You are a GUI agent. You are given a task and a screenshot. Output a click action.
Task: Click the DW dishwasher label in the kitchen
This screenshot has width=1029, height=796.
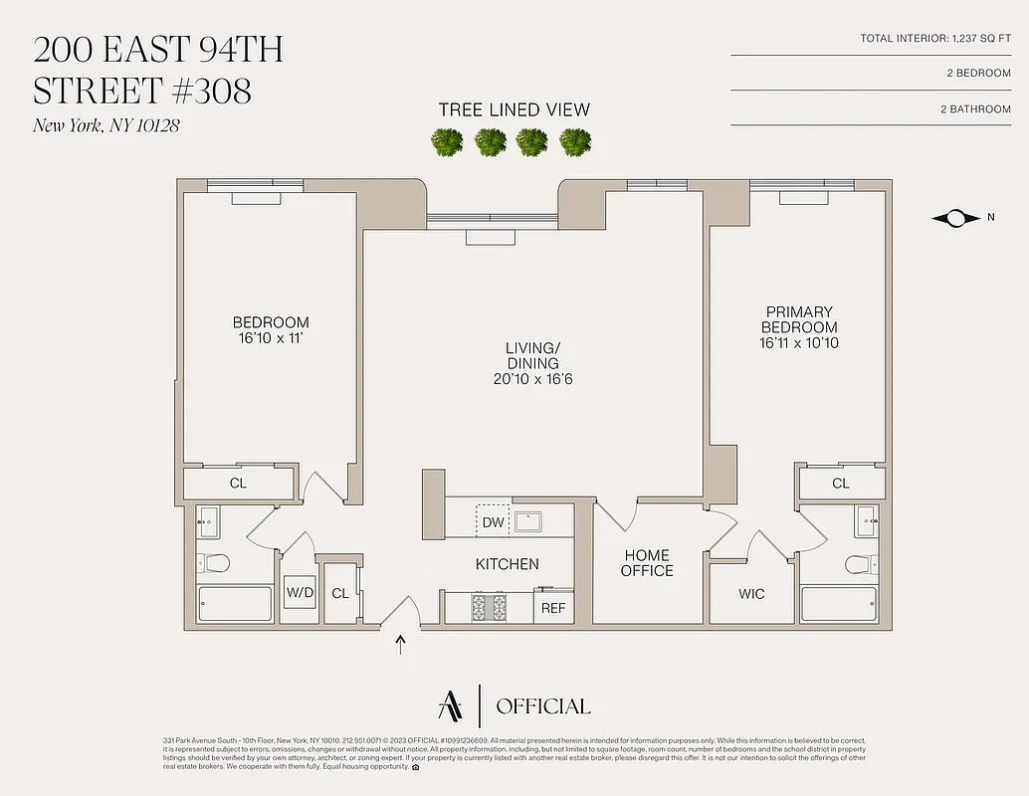tap(493, 522)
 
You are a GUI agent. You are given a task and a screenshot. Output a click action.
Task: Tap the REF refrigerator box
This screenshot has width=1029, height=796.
tap(553, 607)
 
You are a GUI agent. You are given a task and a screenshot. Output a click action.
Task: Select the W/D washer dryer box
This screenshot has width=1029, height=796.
tap(300, 594)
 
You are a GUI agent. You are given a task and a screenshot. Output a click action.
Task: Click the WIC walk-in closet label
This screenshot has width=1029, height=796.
tap(751, 594)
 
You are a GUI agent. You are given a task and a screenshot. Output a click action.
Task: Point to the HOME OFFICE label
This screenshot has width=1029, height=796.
tap(647, 563)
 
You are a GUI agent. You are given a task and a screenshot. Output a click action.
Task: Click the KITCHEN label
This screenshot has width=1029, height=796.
tap(507, 564)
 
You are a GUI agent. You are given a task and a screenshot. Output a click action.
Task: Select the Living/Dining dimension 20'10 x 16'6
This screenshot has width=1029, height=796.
tap(532, 379)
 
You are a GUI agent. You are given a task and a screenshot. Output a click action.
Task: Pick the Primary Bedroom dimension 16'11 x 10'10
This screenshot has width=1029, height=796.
tap(799, 343)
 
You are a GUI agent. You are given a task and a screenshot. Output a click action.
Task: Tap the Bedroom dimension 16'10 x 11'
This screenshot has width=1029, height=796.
tap(271, 338)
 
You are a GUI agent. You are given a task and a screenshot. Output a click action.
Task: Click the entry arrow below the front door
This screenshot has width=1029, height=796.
tap(401, 645)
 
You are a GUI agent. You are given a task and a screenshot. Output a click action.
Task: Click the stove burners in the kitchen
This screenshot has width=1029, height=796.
tap(489, 607)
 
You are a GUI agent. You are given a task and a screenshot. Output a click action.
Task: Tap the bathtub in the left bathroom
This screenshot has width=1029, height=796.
tap(235, 604)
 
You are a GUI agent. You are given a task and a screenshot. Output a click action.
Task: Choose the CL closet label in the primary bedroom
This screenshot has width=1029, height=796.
tap(841, 484)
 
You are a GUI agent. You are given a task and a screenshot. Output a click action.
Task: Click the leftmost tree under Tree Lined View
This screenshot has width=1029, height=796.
tap(446, 142)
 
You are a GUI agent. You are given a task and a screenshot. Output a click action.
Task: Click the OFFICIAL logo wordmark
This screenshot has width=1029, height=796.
tap(542, 706)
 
